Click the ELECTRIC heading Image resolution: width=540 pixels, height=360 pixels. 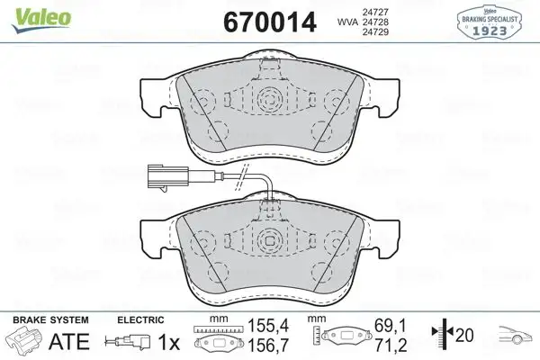[x=139, y=319]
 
